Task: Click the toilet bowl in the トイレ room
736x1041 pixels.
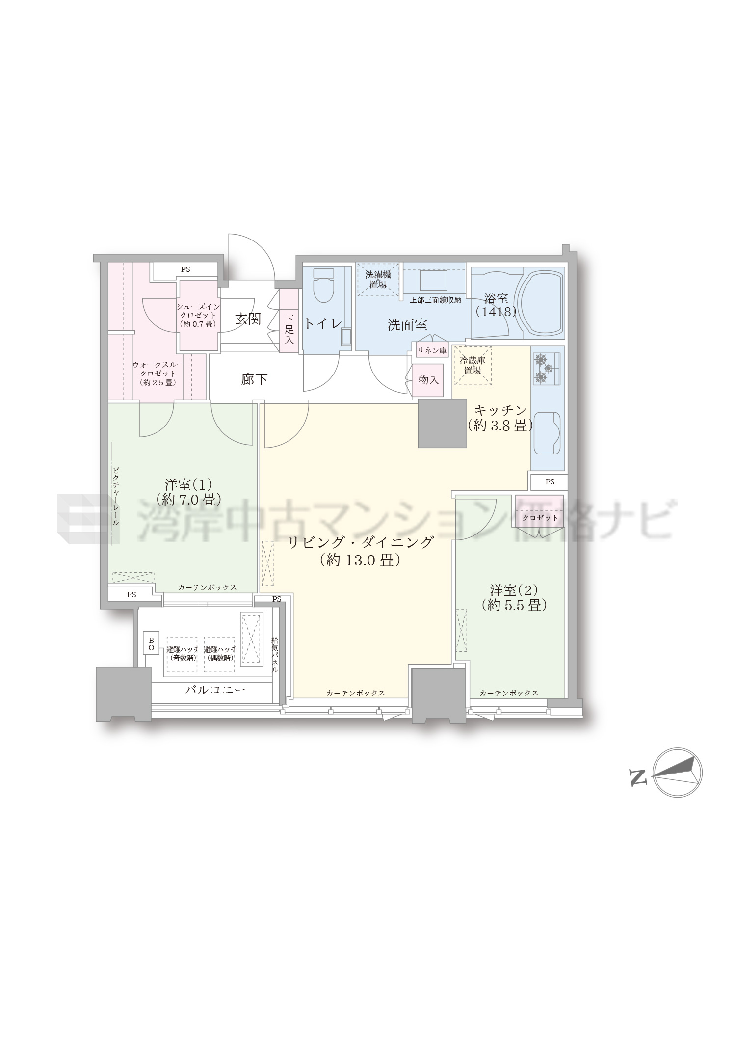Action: pyautogui.click(x=323, y=285)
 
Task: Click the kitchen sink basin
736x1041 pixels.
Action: pyautogui.click(x=547, y=433)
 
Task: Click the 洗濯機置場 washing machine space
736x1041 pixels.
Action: pyautogui.click(x=378, y=279)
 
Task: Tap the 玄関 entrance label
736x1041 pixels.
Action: pyautogui.click(x=248, y=319)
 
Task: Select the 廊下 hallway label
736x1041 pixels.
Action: pyautogui.click(x=254, y=379)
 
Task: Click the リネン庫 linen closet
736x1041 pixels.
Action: pyautogui.click(x=432, y=351)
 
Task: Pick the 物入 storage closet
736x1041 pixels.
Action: pyautogui.click(x=428, y=380)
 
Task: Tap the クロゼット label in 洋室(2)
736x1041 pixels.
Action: pyautogui.click(x=540, y=518)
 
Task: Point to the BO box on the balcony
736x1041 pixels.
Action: pyautogui.click(x=151, y=644)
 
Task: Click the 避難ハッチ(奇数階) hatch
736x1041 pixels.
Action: pyautogui.click(x=183, y=654)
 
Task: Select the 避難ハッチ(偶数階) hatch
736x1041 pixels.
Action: pyautogui.click(x=219, y=654)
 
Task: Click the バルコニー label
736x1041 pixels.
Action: pyautogui.click(x=215, y=690)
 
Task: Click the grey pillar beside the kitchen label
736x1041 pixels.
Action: pyautogui.click(x=442, y=423)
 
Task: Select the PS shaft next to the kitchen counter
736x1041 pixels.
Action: pyautogui.click(x=549, y=482)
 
